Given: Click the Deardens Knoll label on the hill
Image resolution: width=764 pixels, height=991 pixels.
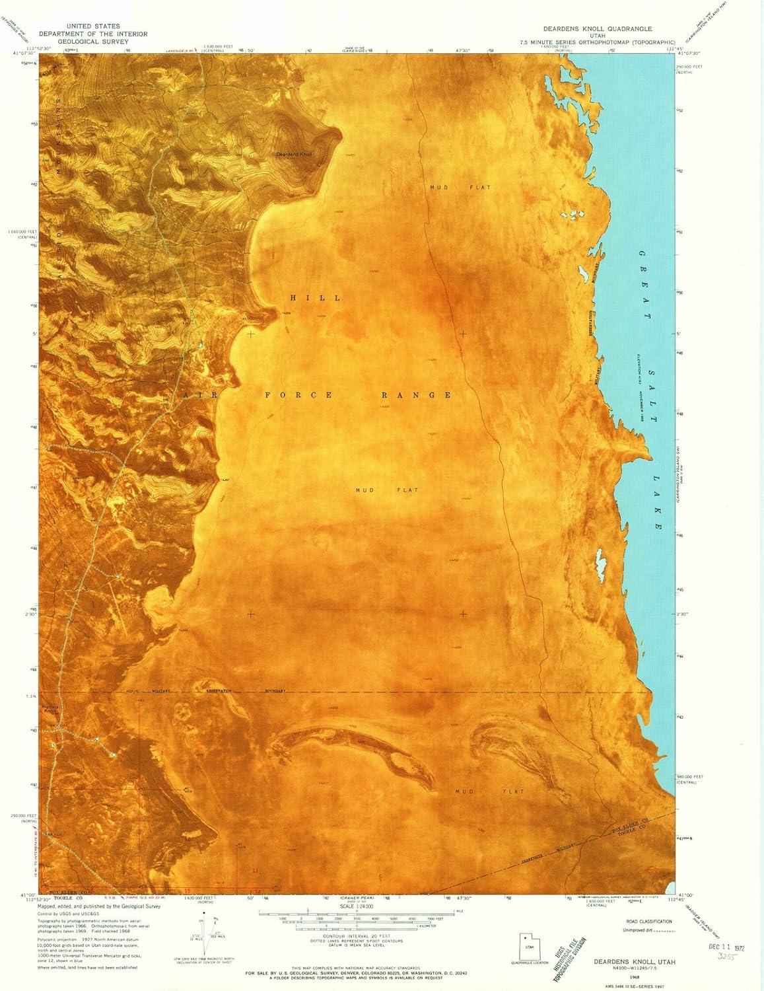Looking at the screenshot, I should [x=293, y=155].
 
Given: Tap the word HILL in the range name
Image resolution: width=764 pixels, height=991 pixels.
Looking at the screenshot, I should [x=316, y=298].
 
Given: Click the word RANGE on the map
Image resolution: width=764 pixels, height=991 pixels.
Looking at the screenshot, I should [x=417, y=395].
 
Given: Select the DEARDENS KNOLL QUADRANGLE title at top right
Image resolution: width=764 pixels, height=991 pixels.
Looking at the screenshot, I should [x=597, y=29].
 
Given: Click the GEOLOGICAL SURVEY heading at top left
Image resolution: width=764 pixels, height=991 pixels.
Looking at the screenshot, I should [x=92, y=41].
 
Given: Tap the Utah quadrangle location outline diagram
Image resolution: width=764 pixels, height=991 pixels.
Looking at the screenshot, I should [x=529, y=946].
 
